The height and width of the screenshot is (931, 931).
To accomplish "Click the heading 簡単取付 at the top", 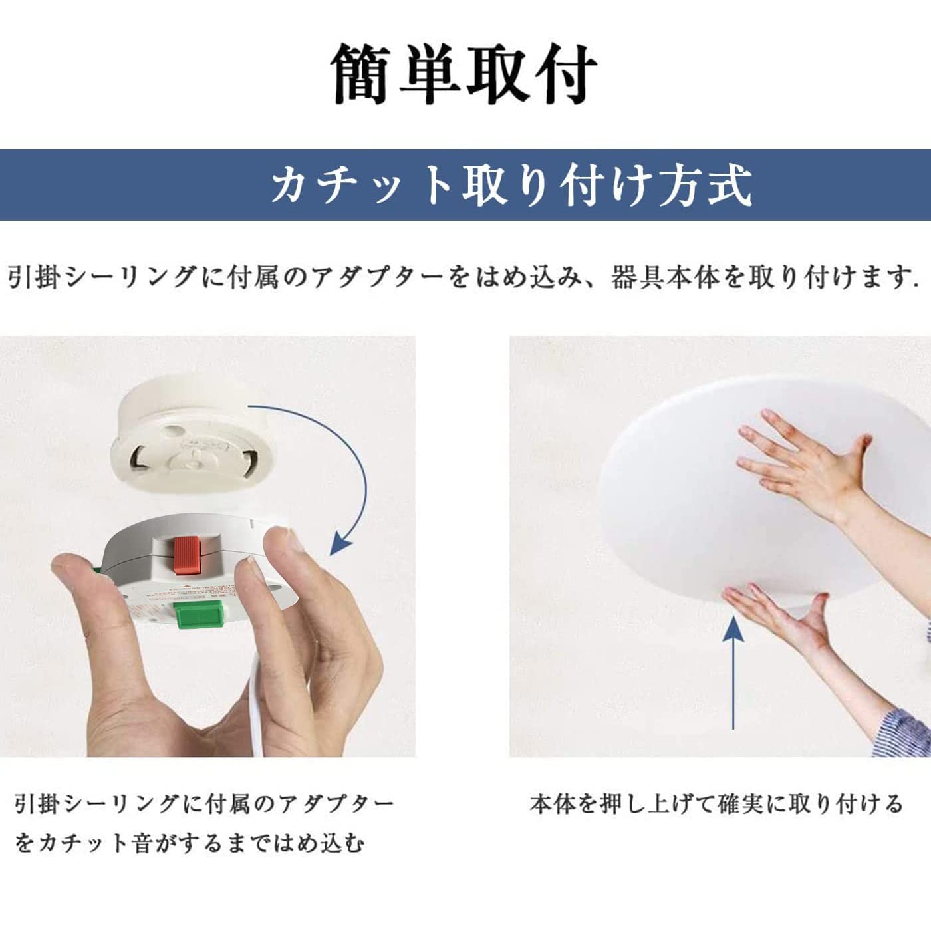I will pos(465,73).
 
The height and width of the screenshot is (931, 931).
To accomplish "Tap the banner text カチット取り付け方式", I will pos(511,184).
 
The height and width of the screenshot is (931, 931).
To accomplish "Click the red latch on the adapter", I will pos(188,555).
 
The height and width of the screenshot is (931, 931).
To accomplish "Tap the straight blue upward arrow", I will pos(733,672).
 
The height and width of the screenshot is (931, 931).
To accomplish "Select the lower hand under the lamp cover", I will pos(785,618).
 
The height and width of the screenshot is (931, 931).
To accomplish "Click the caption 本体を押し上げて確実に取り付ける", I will pos(716,803).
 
